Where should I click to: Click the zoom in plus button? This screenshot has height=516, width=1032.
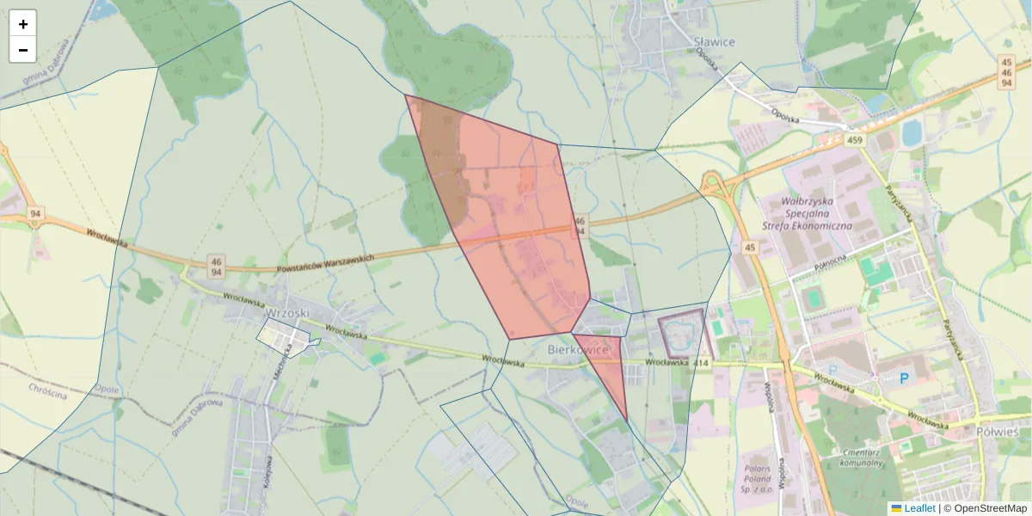click(23, 24)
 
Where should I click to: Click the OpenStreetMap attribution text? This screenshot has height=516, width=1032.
click(990, 508)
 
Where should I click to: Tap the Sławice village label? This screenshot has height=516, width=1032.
click(713, 40)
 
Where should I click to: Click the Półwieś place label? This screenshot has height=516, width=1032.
click(998, 431)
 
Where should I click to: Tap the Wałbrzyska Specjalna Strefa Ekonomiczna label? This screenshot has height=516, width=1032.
click(806, 214)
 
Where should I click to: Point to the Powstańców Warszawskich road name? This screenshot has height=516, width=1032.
click(326, 263)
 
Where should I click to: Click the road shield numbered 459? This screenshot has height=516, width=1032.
click(854, 140)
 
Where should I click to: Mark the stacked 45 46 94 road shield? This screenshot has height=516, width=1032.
click(1006, 72)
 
